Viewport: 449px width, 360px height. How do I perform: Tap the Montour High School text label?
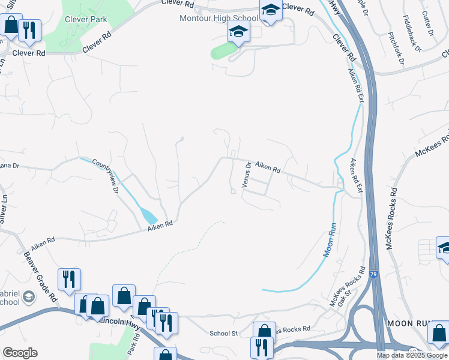pos(219,18)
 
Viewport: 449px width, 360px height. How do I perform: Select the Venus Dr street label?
pos(247,174)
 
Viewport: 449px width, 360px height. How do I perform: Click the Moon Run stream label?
pos(329,241)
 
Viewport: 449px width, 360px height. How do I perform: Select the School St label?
pos(224,333)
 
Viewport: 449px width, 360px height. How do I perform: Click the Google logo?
pos(20,353)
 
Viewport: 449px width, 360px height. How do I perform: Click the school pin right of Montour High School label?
pos(271,10)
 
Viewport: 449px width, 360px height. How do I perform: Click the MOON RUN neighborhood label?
pos(409,323)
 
